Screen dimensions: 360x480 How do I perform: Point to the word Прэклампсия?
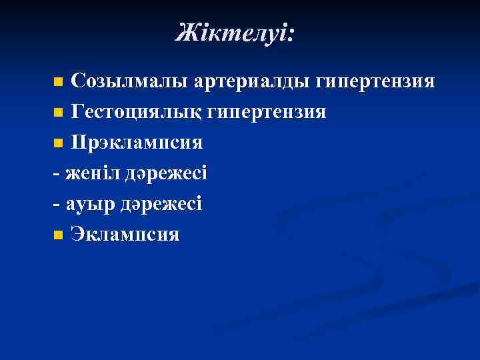click(x=137, y=143)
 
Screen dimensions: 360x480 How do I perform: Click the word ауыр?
click(x=87, y=204)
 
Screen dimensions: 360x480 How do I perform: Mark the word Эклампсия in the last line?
click(x=125, y=235)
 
